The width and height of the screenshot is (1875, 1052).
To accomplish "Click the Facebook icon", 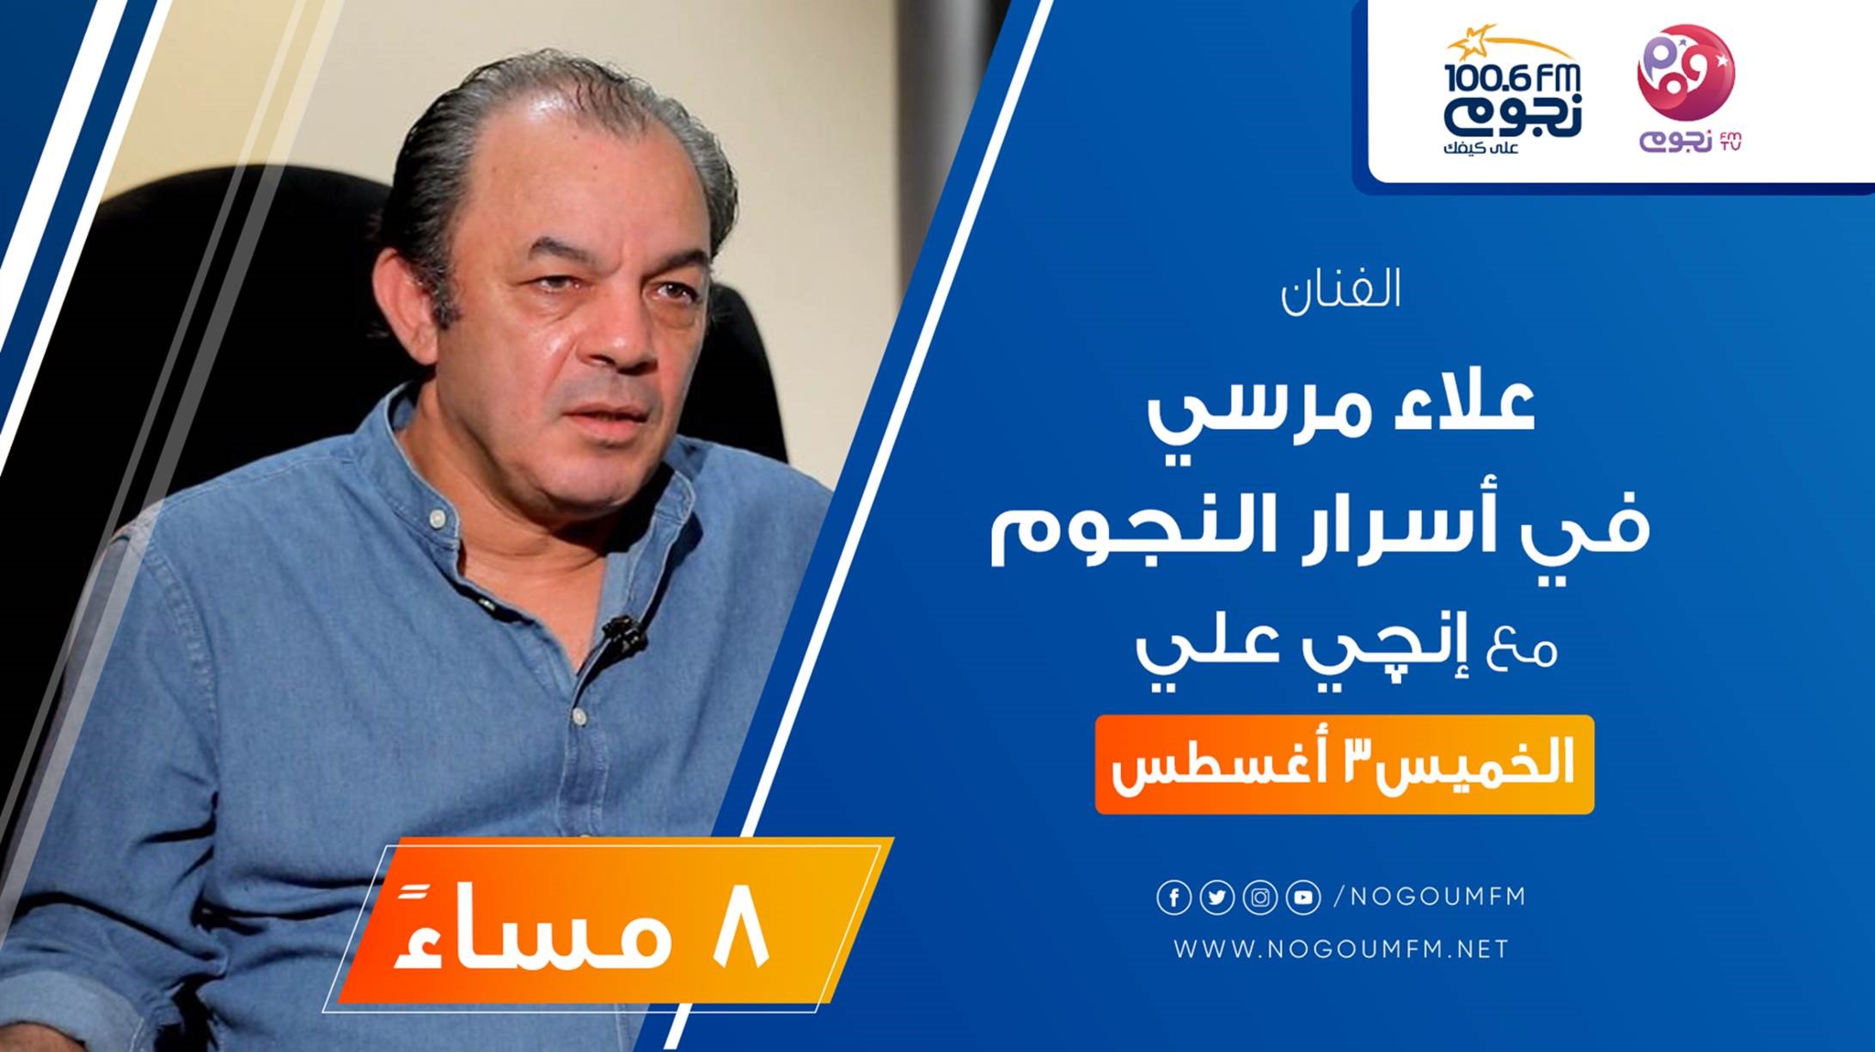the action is tap(1173, 898).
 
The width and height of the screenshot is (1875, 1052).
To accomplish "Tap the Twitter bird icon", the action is tap(1216, 898).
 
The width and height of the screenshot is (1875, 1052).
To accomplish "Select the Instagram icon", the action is tap(1259, 898).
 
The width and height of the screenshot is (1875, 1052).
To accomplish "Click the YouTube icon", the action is tap(1302, 898).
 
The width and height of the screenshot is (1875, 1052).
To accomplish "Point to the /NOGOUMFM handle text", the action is tap(1429, 896).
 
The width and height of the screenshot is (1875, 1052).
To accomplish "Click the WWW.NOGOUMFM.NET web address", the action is tap(1341, 950).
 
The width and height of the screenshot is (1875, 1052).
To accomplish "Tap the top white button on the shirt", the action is tap(439, 518).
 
